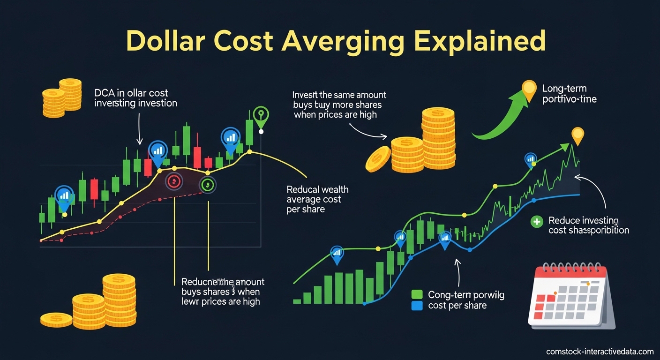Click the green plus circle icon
point(536,222)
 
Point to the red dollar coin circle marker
point(173,181)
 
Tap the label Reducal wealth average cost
point(317,199)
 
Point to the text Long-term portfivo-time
point(569,94)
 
